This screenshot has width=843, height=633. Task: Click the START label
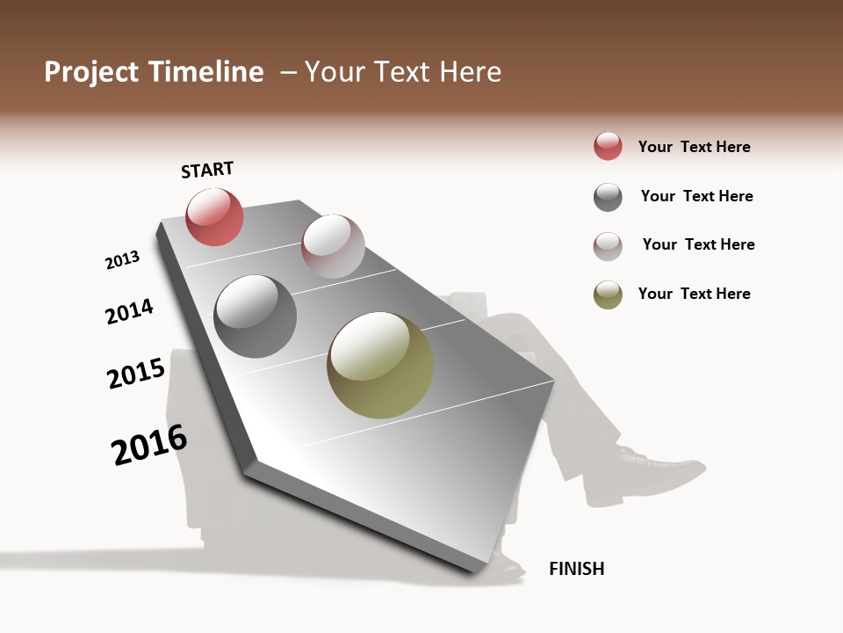tap(207, 170)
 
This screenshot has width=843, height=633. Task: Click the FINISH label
tap(576, 569)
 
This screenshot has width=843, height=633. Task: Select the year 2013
tap(122, 260)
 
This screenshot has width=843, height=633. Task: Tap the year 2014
tap(129, 311)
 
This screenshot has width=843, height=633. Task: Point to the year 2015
tap(136, 374)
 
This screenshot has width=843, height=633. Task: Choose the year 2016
tap(149, 445)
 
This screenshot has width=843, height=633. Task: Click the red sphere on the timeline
tap(214, 216)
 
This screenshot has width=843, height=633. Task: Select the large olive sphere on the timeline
tap(380, 365)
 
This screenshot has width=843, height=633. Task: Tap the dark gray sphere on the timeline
tap(255, 316)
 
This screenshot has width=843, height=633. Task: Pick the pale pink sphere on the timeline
tap(333, 246)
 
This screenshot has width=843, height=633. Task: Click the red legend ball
tap(608, 147)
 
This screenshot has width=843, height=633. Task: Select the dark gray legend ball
tap(608, 197)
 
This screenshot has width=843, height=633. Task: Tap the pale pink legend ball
tap(608, 246)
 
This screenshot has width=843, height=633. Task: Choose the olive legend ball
tap(608, 295)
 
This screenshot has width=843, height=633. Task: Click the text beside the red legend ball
tap(694, 147)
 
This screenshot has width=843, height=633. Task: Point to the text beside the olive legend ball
tap(694, 294)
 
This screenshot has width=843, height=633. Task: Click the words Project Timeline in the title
tap(154, 72)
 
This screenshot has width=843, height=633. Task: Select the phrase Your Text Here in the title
tap(403, 72)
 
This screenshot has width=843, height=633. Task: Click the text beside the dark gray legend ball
tap(696, 196)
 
